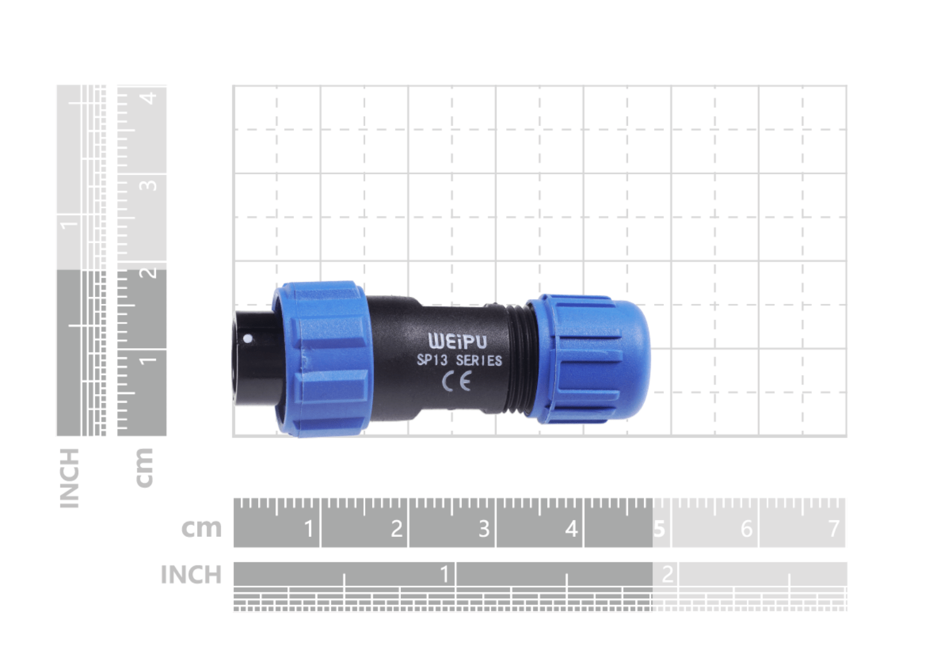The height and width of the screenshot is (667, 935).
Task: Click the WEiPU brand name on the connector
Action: tap(458, 341)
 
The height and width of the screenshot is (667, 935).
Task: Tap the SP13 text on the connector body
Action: tap(432, 359)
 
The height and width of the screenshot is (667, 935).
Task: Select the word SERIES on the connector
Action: tap(479, 361)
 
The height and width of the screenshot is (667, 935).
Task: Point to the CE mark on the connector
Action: tap(456, 382)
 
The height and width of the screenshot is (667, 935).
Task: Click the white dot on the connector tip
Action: tap(247, 339)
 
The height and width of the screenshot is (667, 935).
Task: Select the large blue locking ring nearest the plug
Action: tap(322, 359)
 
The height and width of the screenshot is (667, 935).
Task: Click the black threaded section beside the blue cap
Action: tap(518, 359)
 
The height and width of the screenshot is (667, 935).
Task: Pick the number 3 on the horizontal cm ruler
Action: tap(484, 529)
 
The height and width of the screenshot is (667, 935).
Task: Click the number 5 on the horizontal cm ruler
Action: tap(659, 529)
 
